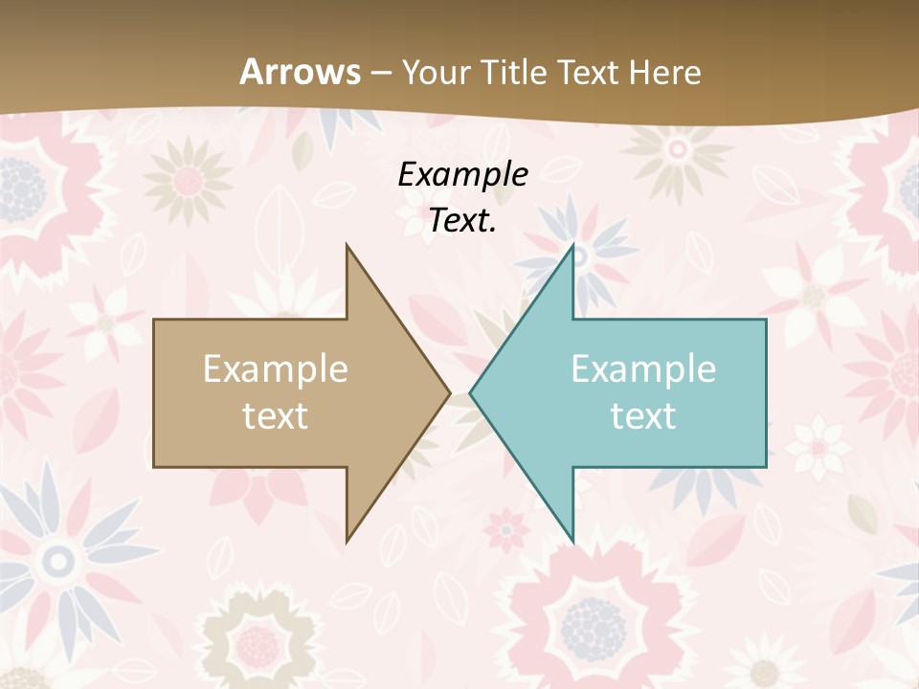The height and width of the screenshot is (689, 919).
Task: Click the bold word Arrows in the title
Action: pyautogui.click(x=301, y=72)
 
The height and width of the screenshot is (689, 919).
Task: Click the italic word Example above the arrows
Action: pyautogui.click(x=462, y=174)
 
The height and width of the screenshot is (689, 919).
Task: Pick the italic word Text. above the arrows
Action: pyautogui.click(x=462, y=220)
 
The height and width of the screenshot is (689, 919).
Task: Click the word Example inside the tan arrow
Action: pyautogui.click(x=276, y=368)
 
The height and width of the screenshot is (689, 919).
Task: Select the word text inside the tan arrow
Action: pyautogui.click(x=276, y=415)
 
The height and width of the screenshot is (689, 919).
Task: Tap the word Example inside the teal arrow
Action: pyautogui.click(x=643, y=368)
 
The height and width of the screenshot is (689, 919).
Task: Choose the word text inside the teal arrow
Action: pyautogui.click(x=643, y=415)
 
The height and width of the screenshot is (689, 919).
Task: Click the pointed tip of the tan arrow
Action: pyautogui.click(x=450, y=392)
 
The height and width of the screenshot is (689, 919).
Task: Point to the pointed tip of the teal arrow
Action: pyautogui.click(x=470, y=392)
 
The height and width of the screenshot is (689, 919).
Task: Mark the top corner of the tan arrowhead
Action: pyautogui.click(x=347, y=244)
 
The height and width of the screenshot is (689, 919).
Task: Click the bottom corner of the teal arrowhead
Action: pyautogui.click(x=573, y=542)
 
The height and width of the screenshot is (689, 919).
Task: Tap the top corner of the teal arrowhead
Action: pyautogui.click(x=573, y=244)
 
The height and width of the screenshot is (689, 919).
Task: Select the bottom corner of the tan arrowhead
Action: pyautogui.click(x=347, y=542)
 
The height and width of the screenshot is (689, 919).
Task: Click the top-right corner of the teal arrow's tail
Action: pyautogui.click(x=766, y=320)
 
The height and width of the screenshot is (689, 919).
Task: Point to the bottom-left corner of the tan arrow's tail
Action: pyautogui.click(x=154, y=467)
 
